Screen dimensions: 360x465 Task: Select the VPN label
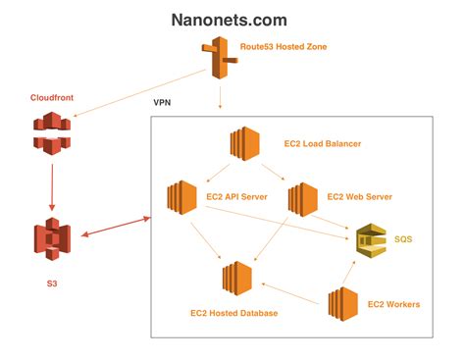pos(166,102)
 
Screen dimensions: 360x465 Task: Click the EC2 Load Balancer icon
pos(243,144)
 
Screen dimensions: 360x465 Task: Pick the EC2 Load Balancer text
pos(318,144)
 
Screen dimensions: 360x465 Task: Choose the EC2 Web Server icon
pos(304,197)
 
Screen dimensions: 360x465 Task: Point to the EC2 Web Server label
pos(359,197)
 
